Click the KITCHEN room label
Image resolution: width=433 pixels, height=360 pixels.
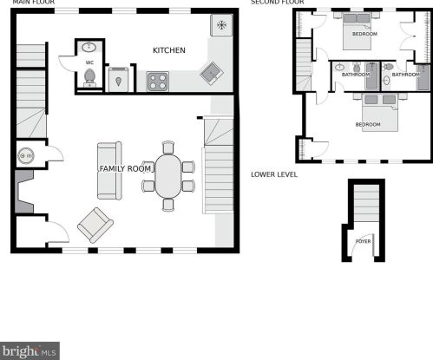pyautogui.click(x=169, y=50)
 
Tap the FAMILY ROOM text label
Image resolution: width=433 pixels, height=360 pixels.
pyautogui.click(x=125, y=168)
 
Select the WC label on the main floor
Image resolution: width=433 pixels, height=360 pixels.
pyautogui.click(x=89, y=62)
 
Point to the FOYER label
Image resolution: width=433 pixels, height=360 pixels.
pyautogui.click(x=363, y=241)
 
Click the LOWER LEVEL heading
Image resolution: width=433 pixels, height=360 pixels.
pyautogui.click(x=274, y=174)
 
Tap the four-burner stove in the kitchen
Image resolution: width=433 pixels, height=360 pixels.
pyautogui.click(x=158, y=82)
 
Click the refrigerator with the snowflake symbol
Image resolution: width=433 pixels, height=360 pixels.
pyautogui.click(x=221, y=25)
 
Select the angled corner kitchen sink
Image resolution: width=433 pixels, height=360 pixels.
pyautogui.click(x=212, y=74)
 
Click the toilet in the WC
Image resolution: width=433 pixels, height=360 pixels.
pyautogui.click(x=89, y=77)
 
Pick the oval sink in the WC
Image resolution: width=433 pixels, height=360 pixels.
pyautogui.click(x=89, y=47)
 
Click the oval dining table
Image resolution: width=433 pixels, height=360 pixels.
pyautogui.click(x=168, y=176)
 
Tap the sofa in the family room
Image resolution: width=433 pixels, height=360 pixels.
pyautogui.click(x=109, y=171)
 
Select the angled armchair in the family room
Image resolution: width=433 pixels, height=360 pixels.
pyautogui.click(x=95, y=225)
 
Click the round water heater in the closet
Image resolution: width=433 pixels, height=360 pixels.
pyautogui.click(x=26, y=155)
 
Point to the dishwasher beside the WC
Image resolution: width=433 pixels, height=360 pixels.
pyautogui.click(x=118, y=80)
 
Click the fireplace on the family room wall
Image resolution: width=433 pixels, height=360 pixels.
pyautogui.click(x=24, y=192)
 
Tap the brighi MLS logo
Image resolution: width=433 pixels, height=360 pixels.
pyautogui.click(x=30, y=351)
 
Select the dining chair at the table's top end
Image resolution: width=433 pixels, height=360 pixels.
pyautogui.click(x=168, y=147)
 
